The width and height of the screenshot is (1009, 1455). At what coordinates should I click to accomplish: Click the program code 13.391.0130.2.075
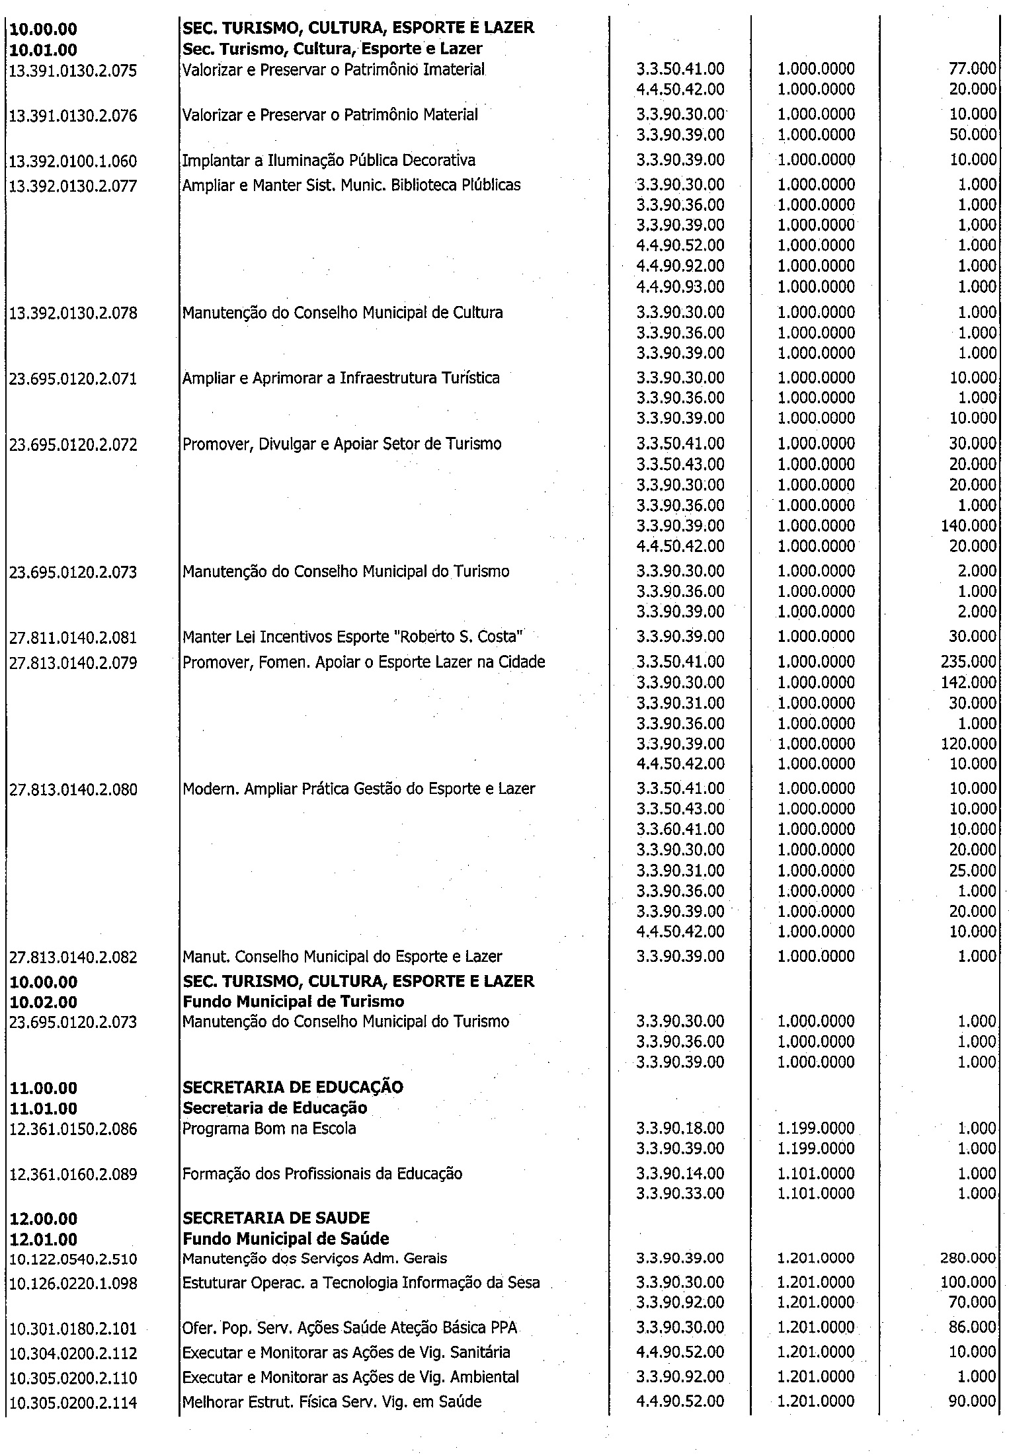click(x=73, y=70)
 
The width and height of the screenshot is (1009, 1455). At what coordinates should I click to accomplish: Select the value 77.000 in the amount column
click(x=972, y=69)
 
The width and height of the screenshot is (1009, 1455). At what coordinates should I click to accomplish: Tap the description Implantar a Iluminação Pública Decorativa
click(x=329, y=160)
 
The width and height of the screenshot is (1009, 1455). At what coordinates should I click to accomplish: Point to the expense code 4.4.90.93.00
click(x=680, y=287)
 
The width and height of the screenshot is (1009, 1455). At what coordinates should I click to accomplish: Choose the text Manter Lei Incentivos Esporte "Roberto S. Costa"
click(x=353, y=637)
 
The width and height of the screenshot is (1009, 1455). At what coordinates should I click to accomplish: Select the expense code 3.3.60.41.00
click(x=680, y=830)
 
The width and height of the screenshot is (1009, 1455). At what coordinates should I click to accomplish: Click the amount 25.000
click(x=972, y=871)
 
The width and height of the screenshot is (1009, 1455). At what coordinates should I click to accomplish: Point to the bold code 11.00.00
click(x=44, y=1087)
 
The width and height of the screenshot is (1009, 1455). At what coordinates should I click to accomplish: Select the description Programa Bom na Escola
click(x=269, y=1128)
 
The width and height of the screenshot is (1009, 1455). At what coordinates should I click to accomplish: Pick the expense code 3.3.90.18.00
click(x=680, y=1128)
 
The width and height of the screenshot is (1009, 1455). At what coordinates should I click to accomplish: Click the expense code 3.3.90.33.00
click(x=680, y=1193)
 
